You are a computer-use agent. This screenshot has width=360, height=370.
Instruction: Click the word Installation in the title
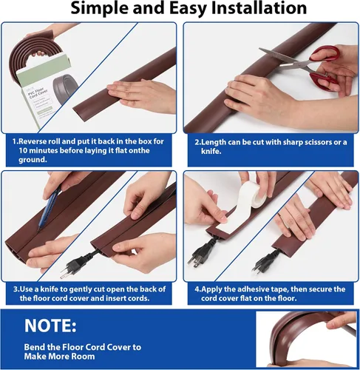pyautogui.click(x=259, y=8)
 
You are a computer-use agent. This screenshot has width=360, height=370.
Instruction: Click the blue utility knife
pyautogui.click(x=49, y=208)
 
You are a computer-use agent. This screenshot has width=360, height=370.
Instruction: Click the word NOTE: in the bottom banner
pyautogui.click(x=50, y=326)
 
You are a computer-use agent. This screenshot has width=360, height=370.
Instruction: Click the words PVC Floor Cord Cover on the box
pyautogui.click(x=36, y=93)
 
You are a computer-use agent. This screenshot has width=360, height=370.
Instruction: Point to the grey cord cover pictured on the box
pyautogui.click(x=65, y=87)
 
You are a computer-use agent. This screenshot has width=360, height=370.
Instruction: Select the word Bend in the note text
pyautogui.click(x=34, y=347)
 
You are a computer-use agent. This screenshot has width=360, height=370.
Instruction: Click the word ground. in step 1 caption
pyautogui.click(x=33, y=160)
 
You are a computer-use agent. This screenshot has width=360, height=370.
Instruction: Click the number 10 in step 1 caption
pyautogui.click(x=23, y=150)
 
